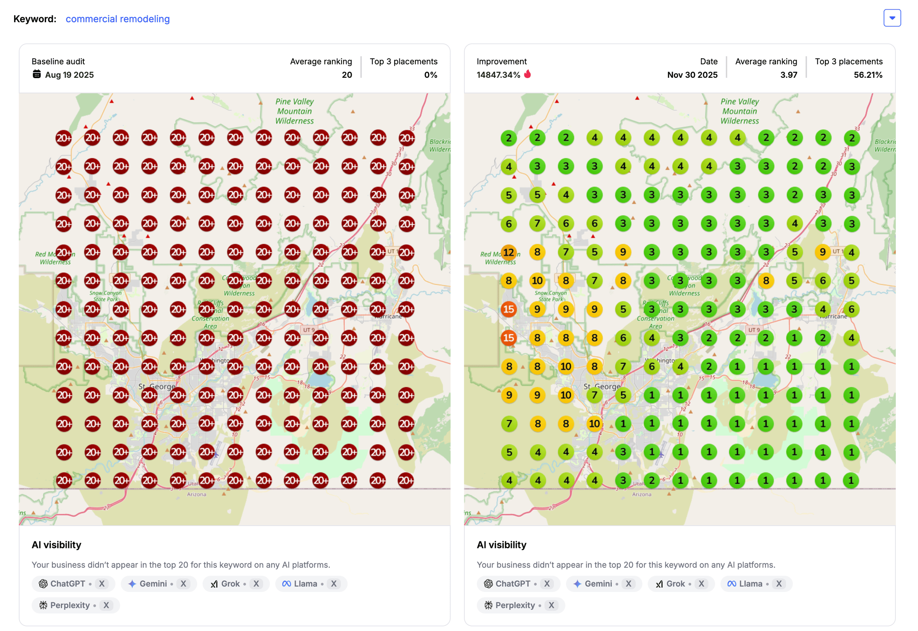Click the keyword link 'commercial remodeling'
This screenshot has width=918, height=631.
click(x=117, y=19)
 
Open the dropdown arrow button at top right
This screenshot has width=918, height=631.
click(x=892, y=18)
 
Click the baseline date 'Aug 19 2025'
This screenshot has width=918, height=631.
click(x=69, y=75)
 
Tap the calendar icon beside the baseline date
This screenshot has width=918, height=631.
click(x=37, y=74)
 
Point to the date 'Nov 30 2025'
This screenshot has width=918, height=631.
click(x=692, y=75)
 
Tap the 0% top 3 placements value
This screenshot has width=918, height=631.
click(x=431, y=75)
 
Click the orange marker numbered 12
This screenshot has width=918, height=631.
click(x=508, y=252)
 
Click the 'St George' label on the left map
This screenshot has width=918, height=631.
click(x=157, y=386)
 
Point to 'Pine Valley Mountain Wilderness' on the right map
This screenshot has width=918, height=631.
click(x=739, y=111)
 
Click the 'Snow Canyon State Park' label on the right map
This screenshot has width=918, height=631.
click(x=550, y=296)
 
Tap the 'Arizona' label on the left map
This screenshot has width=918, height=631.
click(x=196, y=494)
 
